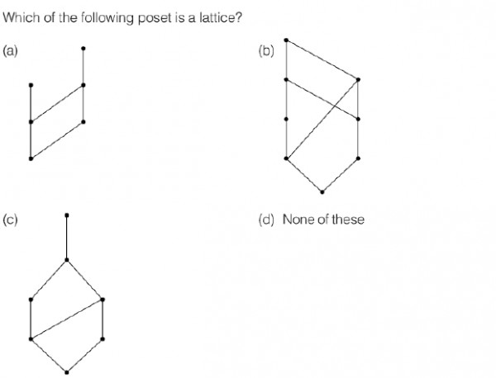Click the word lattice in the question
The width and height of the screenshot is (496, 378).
click(x=217, y=17)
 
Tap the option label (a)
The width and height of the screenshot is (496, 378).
click(x=10, y=50)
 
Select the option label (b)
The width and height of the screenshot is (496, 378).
click(x=266, y=50)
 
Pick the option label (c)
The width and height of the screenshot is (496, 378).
click(x=10, y=220)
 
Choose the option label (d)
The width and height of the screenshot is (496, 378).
click(x=266, y=220)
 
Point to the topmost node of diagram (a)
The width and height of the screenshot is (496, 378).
click(x=83, y=49)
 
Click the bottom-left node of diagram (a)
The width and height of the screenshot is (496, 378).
click(x=31, y=158)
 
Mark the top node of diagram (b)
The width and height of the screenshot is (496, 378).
click(x=286, y=40)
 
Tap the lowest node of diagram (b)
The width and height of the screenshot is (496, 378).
click(x=322, y=191)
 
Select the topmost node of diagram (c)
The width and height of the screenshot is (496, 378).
click(x=67, y=215)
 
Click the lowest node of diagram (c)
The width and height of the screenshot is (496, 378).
click(x=67, y=372)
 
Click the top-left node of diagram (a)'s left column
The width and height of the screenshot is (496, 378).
click(x=31, y=85)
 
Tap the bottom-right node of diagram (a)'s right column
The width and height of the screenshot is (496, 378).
click(x=83, y=121)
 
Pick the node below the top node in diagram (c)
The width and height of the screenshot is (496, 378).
click(x=67, y=260)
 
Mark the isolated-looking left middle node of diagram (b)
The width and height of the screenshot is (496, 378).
click(x=286, y=119)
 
